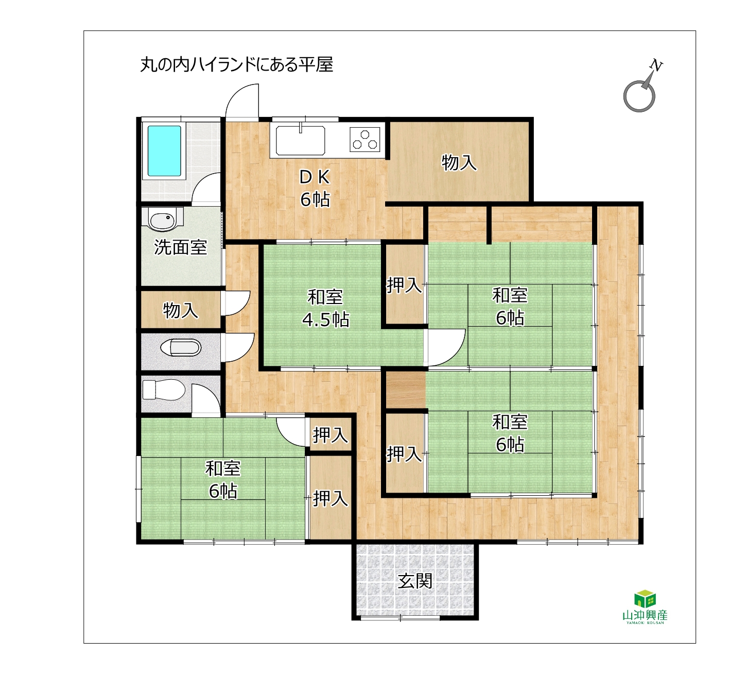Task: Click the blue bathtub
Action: click(164, 151)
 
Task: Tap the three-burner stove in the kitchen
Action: click(364, 139)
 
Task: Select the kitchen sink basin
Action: click(300, 141)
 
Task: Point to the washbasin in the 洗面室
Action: click(162, 220)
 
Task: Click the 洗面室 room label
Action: click(180, 247)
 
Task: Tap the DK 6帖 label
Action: click(315, 189)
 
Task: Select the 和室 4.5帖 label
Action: click(325, 308)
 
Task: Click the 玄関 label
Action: click(415, 581)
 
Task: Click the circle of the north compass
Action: click(639, 96)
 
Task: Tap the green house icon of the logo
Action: click(645, 599)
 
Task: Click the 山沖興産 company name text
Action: click(645, 615)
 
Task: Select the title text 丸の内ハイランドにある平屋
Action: click(237, 65)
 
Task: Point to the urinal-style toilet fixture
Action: click(181, 347)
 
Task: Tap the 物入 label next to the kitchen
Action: click(459, 162)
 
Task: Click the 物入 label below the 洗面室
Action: click(181, 310)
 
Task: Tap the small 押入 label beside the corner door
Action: click(330, 435)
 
